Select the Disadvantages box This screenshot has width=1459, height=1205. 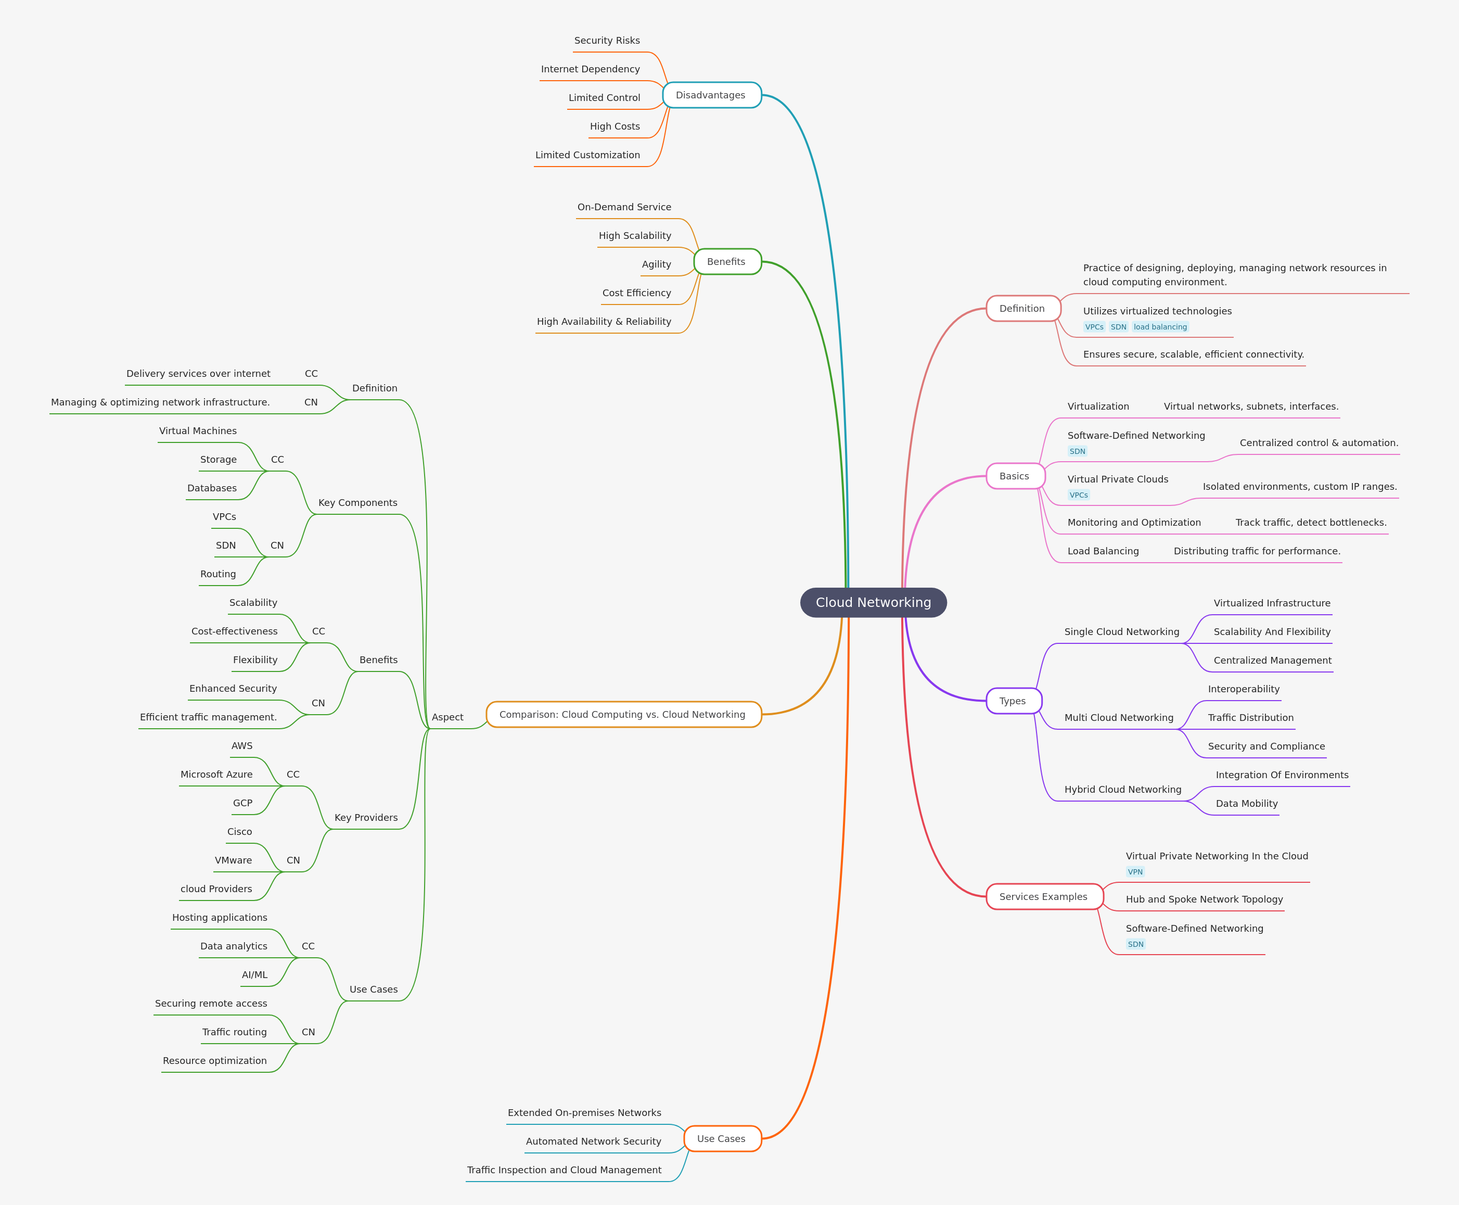tap(711, 95)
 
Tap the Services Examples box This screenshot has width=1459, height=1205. tap(1043, 897)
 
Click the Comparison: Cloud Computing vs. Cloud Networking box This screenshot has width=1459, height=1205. tap(622, 714)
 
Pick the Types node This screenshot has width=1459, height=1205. tap(1013, 701)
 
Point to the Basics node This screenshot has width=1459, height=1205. tap(1014, 476)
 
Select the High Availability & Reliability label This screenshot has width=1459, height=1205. tap(604, 321)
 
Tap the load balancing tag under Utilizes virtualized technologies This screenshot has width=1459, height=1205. tap(1160, 327)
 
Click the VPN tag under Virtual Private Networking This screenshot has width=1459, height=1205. tap(1135, 872)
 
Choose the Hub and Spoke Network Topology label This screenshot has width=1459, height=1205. tap(1205, 899)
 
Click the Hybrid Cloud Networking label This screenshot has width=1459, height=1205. tap(1122, 789)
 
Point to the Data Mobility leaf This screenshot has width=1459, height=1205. tap(1247, 804)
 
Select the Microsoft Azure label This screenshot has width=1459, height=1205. tap(216, 775)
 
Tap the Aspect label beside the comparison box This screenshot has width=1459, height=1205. tap(447, 717)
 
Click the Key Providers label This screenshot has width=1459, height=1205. tap(366, 818)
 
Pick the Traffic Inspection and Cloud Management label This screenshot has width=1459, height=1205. tap(564, 1170)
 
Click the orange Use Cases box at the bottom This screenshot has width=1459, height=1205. tap(722, 1139)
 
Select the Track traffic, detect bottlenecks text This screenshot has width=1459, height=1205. tap(1311, 523)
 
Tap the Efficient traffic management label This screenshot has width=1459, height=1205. tap(208, 717)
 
